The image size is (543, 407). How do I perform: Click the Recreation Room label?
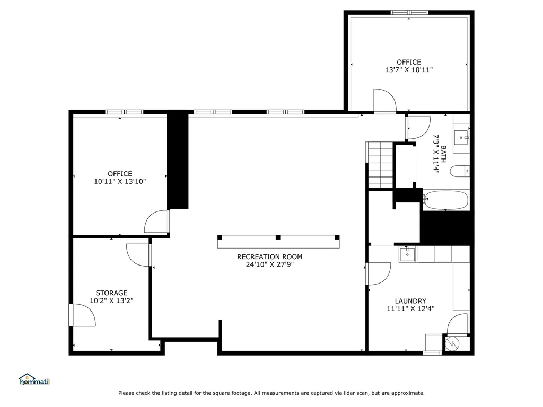point(269,257)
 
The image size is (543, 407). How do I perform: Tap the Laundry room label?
point(410,301)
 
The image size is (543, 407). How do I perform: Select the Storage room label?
point(111,293)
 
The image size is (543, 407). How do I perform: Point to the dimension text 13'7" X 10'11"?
point(409,69)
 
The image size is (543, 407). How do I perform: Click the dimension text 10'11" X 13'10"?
point(120,181)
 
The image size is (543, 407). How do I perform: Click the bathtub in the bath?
point(446,200)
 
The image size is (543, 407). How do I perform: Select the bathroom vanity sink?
point(461,138)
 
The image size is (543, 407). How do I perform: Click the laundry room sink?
point(407,254)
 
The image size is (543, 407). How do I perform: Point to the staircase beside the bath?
point(380,165)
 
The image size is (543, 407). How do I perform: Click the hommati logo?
point(34,379)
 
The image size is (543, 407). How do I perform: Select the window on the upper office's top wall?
point(409,13)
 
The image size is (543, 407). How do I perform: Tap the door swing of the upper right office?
point(384,101)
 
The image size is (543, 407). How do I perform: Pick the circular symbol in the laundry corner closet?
point(452,343)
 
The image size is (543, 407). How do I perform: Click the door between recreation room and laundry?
point(378,273)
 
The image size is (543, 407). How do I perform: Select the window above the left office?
point(124,112)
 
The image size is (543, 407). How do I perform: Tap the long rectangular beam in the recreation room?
point(278,242)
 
